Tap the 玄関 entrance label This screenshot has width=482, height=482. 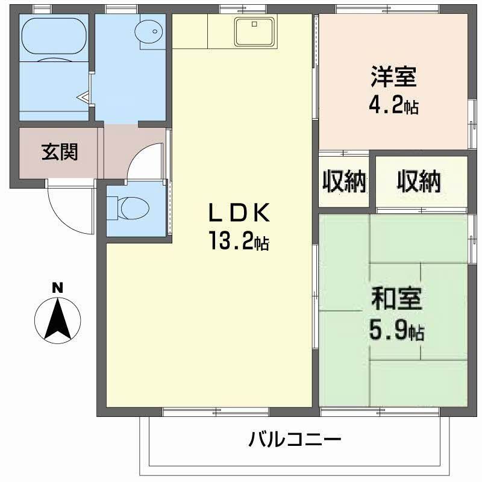[59, 152]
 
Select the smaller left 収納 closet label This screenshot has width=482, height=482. [344, 181]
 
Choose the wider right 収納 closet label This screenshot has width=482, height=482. [419, 181]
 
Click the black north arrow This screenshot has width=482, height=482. [58, 319]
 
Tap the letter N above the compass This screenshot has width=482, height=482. [57, 288]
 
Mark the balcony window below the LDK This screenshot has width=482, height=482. [215, 412]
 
